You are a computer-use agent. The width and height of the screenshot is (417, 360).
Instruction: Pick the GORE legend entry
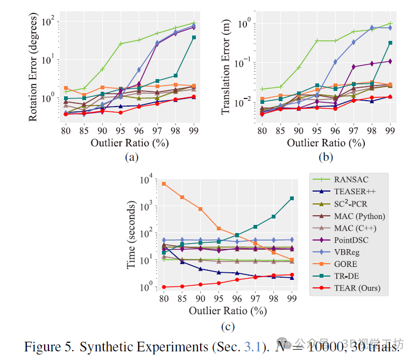[x=347, y=264]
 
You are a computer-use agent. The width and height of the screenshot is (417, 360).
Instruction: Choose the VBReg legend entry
[x=349, y=252]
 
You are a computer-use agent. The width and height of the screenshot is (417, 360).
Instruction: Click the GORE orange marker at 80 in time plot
[x=164, y=184]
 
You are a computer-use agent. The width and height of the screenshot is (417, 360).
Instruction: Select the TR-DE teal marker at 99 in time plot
[x=292, y=198]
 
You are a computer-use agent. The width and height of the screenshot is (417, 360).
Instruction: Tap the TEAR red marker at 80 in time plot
[x=164, y=287]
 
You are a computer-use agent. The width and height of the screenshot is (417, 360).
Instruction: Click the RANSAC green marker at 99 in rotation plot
[x=194, y=23]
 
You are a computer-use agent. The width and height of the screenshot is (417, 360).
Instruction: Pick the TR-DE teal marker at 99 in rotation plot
[x=194, y=37]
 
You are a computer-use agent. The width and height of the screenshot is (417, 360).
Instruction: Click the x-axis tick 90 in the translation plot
[x=298, y=130]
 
